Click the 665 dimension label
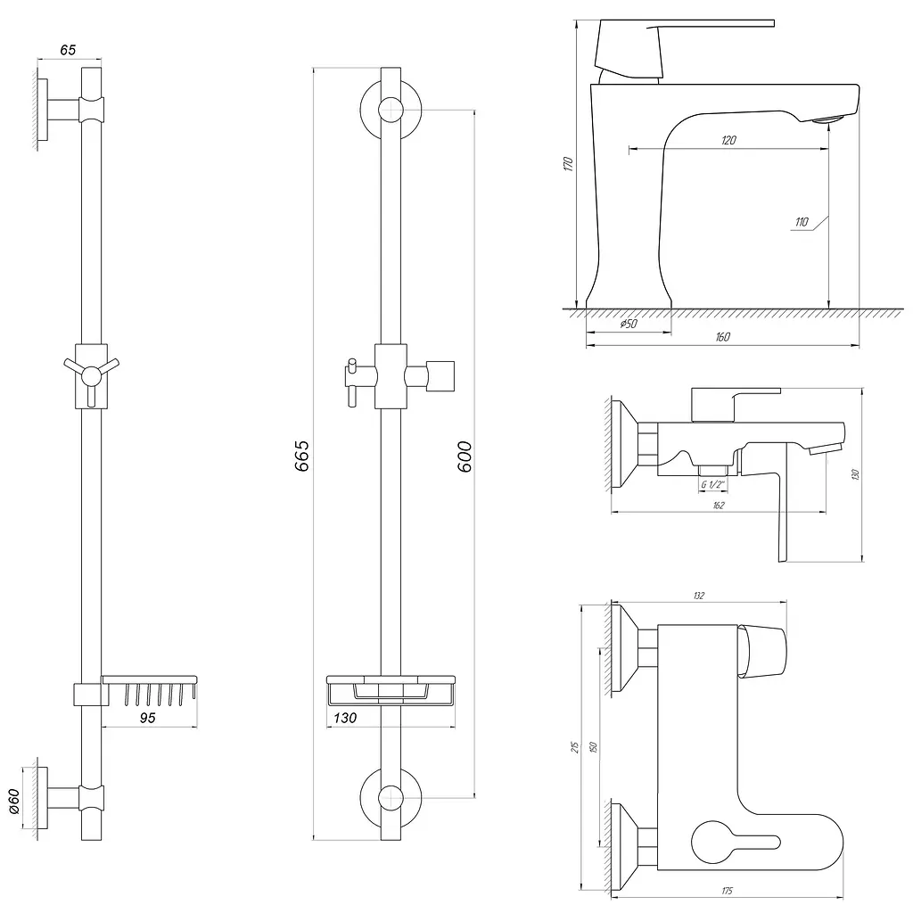[x=302, y=456]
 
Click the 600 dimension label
[x=464, y=456]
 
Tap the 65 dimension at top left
[x=68, y=50]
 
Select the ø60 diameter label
[x=14, y=802]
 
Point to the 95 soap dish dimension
[x=148, y=718]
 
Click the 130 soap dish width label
[x=345, y=718]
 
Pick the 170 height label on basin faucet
[x=568, y=164]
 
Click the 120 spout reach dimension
[x=728, y=140]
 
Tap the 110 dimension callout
[x=802, y=222]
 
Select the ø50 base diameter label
[x=629, y=324]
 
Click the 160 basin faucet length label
[x=722, y=336]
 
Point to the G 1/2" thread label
[x=712, y=484]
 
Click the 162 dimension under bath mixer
[x=719, y=506]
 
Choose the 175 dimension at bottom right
[x=727, y=891]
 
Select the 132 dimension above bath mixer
[x=699, y=596]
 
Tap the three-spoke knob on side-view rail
[x=92, y=375]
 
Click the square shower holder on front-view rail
[x=440, y=375]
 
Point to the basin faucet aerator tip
[x=827, y=120]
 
